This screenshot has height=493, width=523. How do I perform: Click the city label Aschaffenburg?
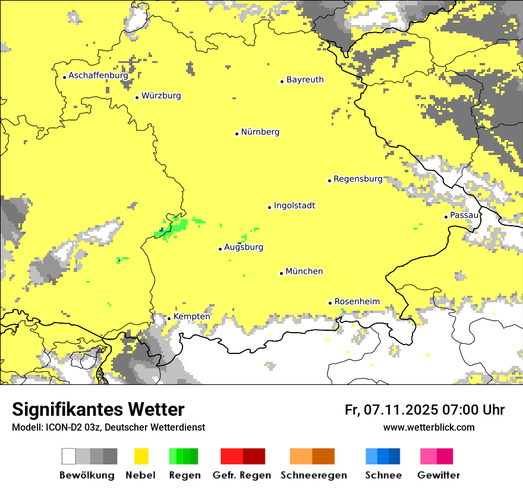[98, 75]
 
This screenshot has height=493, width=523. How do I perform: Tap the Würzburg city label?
[161, 96]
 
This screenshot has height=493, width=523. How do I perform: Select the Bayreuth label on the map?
[305, 80]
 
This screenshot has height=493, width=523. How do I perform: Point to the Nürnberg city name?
[260, 132]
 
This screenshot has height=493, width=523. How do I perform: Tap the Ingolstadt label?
[294, 206]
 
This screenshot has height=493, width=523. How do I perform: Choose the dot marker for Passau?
[446, 217]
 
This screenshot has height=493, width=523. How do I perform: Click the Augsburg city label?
[244, 247]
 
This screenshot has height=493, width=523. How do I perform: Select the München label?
[304, 271]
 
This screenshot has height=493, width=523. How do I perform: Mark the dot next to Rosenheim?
[330, 303]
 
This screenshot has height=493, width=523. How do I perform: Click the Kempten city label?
[191, 317]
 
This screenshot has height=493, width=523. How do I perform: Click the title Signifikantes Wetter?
[98, 409]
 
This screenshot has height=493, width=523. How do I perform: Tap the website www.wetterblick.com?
[429, 427]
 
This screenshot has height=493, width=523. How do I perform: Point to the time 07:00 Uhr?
[474, 410]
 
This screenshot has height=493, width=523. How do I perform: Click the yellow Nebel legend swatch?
[141, 456]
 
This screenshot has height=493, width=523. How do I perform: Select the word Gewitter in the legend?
[438, 475]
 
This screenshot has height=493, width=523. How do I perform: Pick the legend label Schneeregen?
[314, 475]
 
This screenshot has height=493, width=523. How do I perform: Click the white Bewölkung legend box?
[69, 456]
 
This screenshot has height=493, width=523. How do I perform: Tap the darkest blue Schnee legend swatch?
[395, 456]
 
